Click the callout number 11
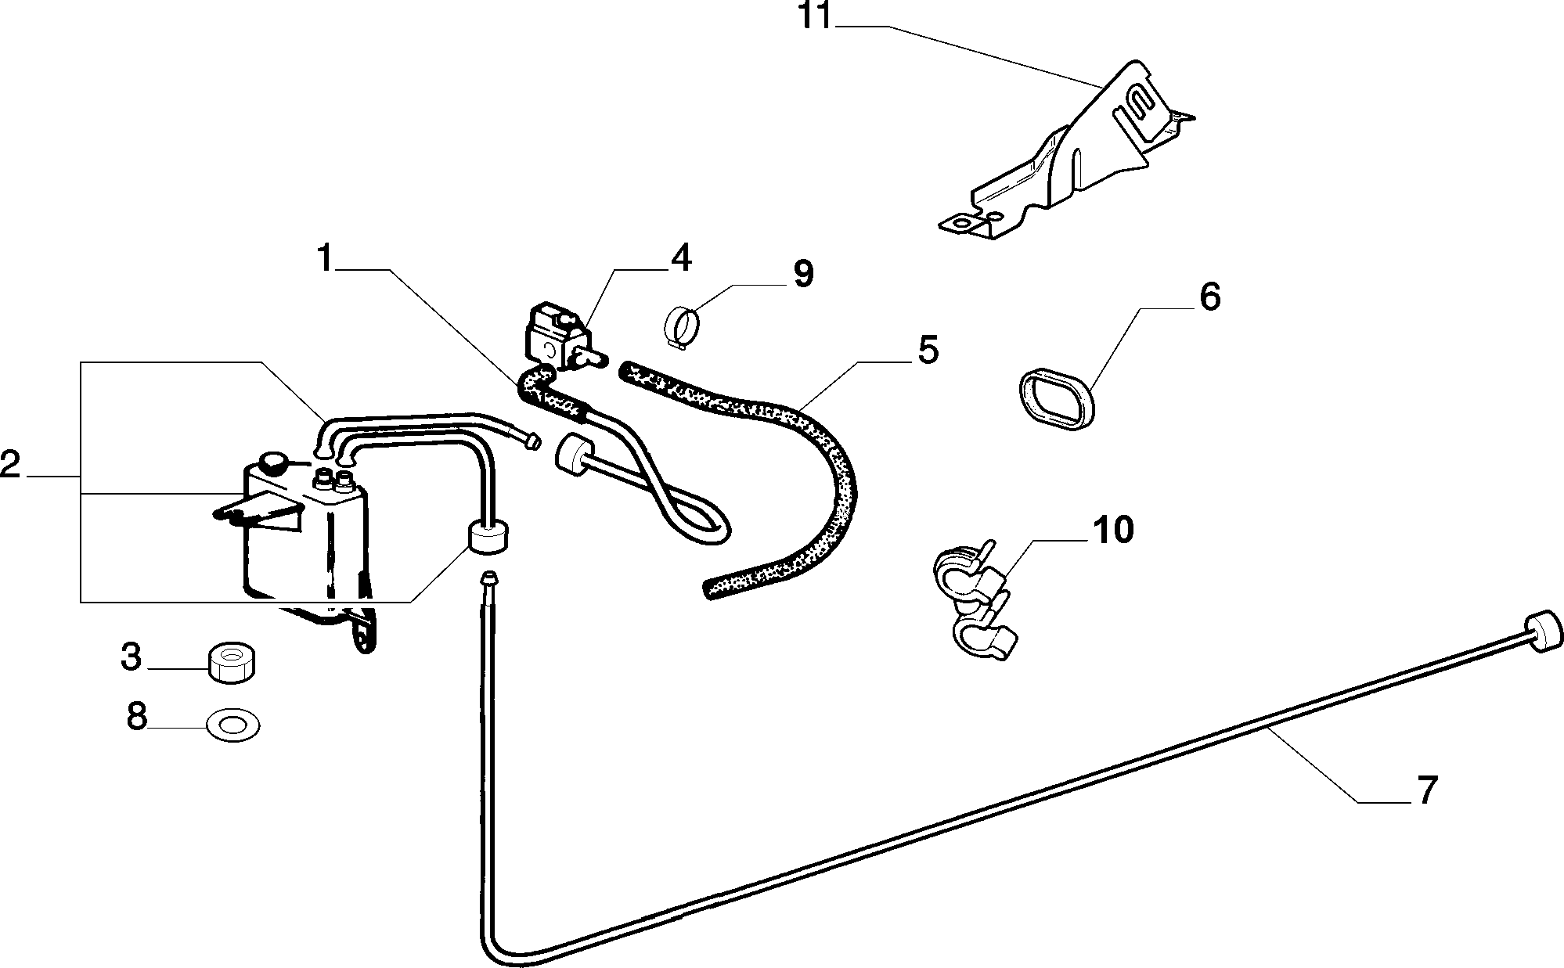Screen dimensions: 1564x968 tap(816, 18)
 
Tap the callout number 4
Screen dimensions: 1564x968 tap(681, 258)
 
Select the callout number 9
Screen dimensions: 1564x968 tap(803, 275)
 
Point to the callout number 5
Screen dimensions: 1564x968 tap(927, 351)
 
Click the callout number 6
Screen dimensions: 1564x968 tap(1209, 298)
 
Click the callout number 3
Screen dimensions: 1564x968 tap(132, 657)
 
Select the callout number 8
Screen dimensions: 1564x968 tap(137, 716)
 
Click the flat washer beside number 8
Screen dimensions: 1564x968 tap(233, 725)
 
